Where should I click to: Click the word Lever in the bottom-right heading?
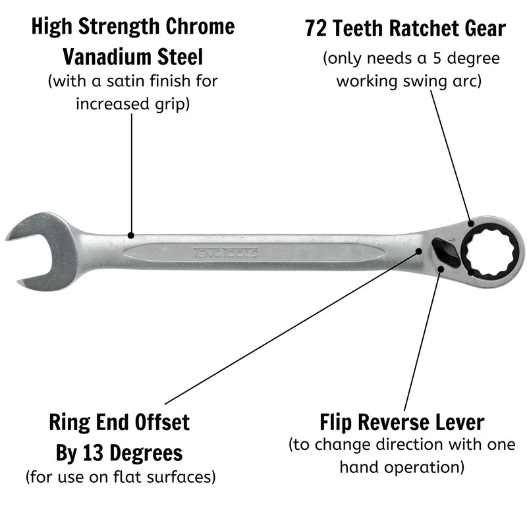[457, 422]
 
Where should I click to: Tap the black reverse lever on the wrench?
[446, 252]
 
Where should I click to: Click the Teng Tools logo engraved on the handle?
[225, 251]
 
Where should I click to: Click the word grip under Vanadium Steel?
[174, 104]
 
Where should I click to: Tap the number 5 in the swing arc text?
[434, 58]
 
